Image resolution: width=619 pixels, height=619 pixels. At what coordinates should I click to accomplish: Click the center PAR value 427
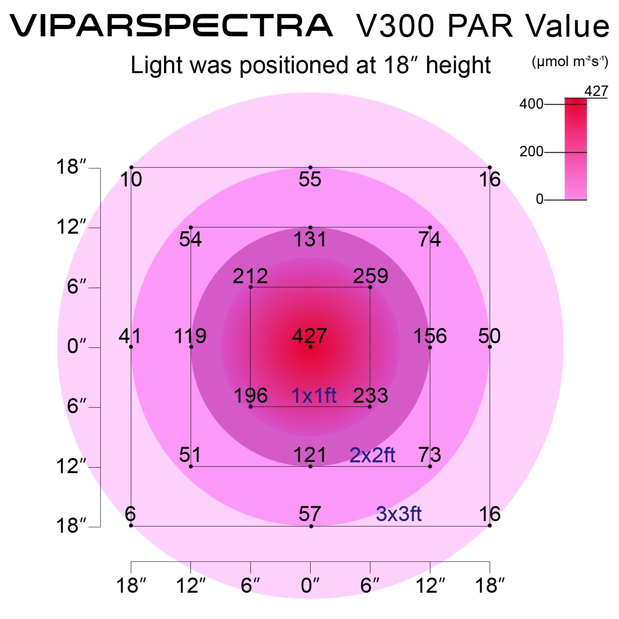tap(309, 336)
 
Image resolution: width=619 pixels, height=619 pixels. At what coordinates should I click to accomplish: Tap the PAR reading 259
tap(370, 276)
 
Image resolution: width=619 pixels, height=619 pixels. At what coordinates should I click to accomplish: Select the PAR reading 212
tap(250, 276)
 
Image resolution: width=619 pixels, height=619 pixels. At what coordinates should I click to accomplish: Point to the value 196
tap(251, 396)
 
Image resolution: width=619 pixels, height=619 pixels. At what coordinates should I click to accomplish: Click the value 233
tap(370, 396)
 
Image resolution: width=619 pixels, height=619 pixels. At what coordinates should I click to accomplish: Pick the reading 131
tap(310, 239)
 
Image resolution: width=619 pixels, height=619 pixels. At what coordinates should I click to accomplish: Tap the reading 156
tap(430, 336)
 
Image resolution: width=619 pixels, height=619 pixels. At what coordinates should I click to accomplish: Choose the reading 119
tap(190, 336)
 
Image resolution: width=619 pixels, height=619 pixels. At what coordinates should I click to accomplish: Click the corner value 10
tap(131, 180)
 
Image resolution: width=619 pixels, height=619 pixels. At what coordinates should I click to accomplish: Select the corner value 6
tap(130, 514)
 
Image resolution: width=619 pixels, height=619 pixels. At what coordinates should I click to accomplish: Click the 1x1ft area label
tap(314, 396)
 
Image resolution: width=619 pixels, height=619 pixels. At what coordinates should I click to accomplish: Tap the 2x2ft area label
tap(372, 455)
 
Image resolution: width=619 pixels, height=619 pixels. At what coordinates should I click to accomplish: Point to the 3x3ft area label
tap(398, 514)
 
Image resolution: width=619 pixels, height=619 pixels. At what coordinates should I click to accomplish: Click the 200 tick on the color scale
tap(531, 152)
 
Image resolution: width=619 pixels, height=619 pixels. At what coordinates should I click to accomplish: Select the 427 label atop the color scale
tap(596, 92)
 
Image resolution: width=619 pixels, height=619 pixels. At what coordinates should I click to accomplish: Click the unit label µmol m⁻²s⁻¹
tap(570, 62)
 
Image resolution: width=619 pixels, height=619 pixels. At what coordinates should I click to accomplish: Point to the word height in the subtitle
tap(458, 65)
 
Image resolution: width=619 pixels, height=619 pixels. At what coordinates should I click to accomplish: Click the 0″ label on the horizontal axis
tap(310, 585)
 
